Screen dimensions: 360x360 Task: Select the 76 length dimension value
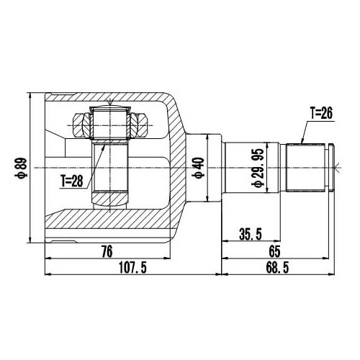click(106, 252)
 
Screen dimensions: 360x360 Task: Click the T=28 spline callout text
click(71, 180)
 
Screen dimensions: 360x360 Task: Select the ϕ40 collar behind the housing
click(206, 168)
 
